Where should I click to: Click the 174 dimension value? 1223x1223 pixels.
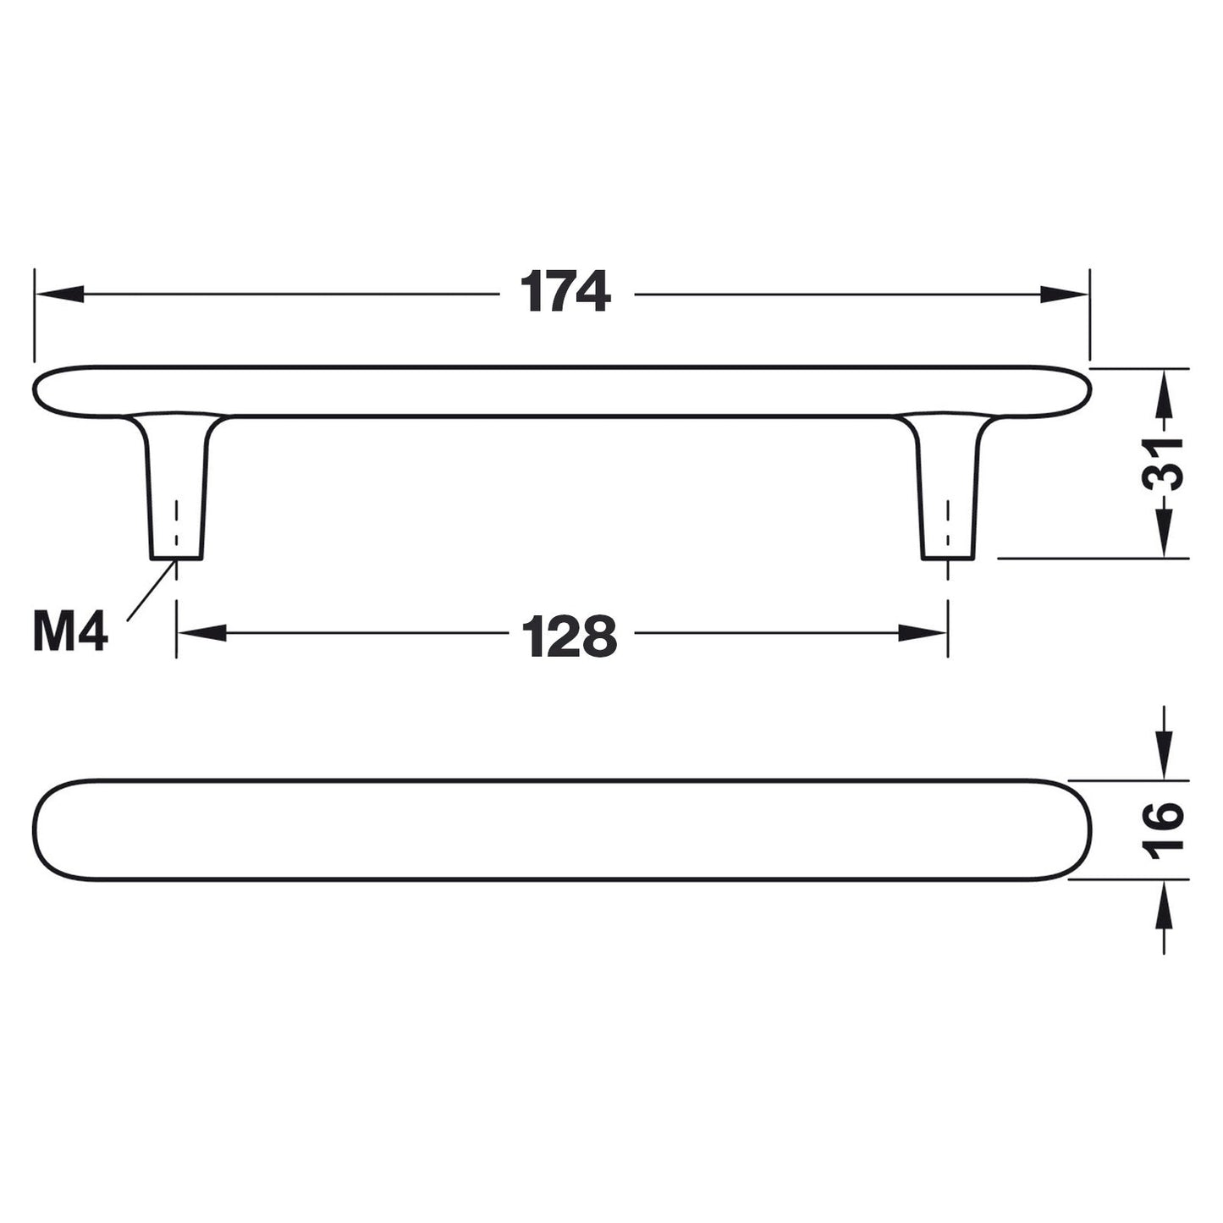(565, 292)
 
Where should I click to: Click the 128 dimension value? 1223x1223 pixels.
(569, 636)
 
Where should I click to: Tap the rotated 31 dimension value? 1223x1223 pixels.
(1163, 463)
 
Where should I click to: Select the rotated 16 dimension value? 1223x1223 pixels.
(1163, 831)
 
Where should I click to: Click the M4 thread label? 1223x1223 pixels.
(70, 632)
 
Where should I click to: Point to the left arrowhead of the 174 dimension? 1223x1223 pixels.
(59, 294)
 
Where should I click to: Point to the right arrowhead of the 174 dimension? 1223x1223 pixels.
(1064, 294)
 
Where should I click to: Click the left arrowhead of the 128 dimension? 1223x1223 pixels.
(202, 633)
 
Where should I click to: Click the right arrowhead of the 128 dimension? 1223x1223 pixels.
(923, 633)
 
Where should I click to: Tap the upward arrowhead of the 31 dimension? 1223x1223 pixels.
(1164, 394)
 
